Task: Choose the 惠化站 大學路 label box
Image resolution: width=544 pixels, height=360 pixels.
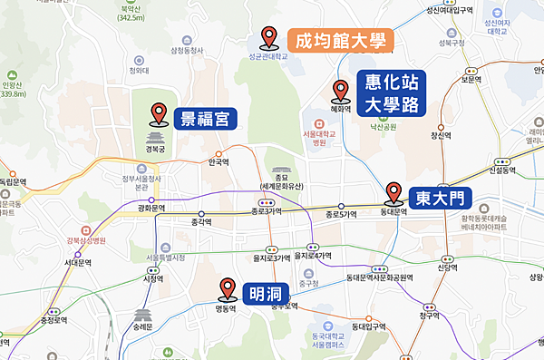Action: pyautogui.click(x=392, y=93)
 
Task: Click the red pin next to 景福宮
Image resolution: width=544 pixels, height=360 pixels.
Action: pyautogui.click(x=159, y=114)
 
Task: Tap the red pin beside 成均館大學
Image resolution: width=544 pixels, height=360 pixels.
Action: pyautogui.click(x=268, y=37)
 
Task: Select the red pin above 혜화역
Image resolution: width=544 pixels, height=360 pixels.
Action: pyautogui.click(x=341, y=90)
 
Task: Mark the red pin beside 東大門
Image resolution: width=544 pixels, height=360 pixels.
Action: pyautogui.click(x=393, y=193)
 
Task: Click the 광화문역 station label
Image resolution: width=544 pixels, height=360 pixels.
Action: pyautogui.click(x=151, y=209)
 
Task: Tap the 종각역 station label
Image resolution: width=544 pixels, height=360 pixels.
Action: pyautogui.click(x=200, y=221)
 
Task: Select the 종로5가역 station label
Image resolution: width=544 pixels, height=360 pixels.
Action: pyautogui.click(x=341, y=215)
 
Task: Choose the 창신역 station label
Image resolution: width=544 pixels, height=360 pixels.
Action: pyautogui.click(x=440, y=136)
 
